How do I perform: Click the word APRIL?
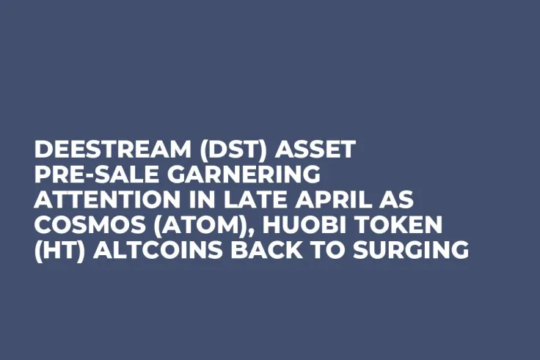(x=318, y=201)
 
